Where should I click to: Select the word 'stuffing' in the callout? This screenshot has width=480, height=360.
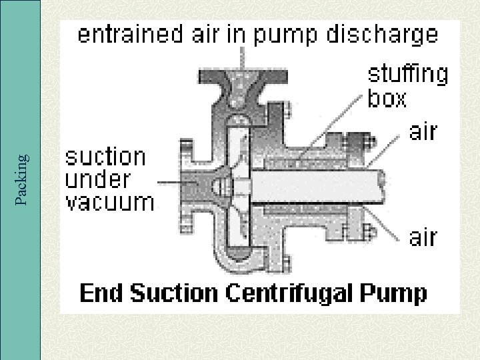(x=408, y=75)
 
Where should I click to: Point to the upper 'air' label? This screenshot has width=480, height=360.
(x=423, y=131)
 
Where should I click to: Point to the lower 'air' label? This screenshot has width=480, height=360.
(x=423, y=236)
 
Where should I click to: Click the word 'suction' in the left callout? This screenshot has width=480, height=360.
(x=105, y=157)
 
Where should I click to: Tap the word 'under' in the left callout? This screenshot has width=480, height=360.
(x=97, y=179)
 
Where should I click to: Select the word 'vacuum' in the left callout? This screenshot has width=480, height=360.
(x=109, y=202)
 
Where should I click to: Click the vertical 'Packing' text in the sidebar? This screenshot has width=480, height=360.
(x=21, y=179)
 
